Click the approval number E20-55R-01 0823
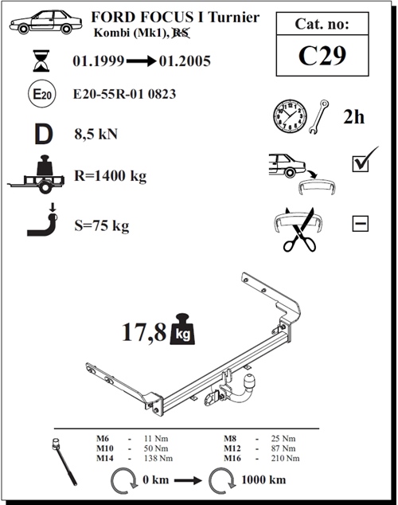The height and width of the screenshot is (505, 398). coord(124,94)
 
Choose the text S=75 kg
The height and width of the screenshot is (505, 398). coord(100,225)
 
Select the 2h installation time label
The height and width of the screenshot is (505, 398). coord(354,117)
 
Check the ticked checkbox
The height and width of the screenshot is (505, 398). coord(361,163)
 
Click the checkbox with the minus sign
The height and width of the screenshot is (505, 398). coord(360,224)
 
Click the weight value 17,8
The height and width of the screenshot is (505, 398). coord(143,332)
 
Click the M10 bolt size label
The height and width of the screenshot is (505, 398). coord(105,449)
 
